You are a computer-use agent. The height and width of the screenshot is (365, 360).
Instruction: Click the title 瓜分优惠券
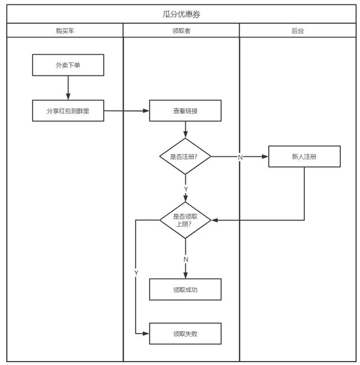pyautogui.click(x=181, y=15)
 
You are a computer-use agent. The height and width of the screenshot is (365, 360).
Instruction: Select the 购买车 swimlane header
pyautogui.click(x=65, y=30)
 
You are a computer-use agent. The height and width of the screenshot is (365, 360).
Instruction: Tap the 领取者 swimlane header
pyautogui.click(x=181, y=30)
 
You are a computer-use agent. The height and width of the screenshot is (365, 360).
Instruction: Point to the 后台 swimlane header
pyautogui.click(x=298, y=30)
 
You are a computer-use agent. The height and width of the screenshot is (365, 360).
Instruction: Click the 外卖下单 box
pyautogui.click(x=68, y=65)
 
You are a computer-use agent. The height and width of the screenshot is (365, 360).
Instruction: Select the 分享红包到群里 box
pyautogui.click(x=68, y=111)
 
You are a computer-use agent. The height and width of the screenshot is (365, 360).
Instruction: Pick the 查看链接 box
pyautogui.click(x=185, y=111)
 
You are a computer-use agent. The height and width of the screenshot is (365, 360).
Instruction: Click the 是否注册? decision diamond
pyautogui.click(x=185, y=156)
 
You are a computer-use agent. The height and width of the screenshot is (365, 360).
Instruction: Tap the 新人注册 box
pyautogui.click(x=304, y=156)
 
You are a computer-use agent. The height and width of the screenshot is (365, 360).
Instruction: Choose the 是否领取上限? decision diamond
pyautogui.click(x=185, y=220)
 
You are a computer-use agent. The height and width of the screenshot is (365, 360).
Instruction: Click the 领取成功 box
pyautogui.click(x=185, y=290)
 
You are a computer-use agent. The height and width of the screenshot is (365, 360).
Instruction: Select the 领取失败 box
pyautogui.click(x=185, y=334)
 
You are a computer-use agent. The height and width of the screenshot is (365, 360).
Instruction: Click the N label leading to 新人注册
pyautogui.click(x=240, y=157)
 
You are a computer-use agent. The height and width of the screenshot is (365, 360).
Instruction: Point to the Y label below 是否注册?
pyautogui.click(x=186, y=189)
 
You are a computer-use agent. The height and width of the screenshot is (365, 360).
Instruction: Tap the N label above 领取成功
pyautogui.click(x=186, y=259)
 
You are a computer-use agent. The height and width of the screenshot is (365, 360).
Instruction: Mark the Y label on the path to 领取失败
pyautogui.click(x=136, y=273)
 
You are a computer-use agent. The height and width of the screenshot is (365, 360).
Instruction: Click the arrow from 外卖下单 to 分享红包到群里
pyautogui.click(x=68, y=88)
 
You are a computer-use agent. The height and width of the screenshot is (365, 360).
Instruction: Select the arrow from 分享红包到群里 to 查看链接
pyautogui.click(x=127, y=111)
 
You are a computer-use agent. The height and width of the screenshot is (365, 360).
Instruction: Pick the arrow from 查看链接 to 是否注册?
pyautogui.click(x=186, y=130)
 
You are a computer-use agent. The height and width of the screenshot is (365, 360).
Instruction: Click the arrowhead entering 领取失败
pyautogui.click(x=146, y=334)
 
